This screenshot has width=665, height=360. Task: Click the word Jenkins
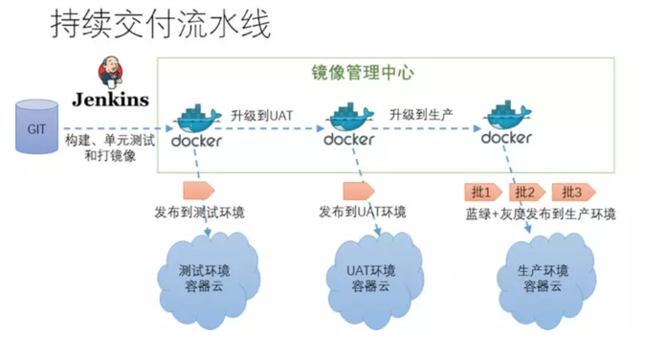[109, 99]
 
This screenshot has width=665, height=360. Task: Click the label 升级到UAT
[261, 116]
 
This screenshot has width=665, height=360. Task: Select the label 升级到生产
[420, 116]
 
